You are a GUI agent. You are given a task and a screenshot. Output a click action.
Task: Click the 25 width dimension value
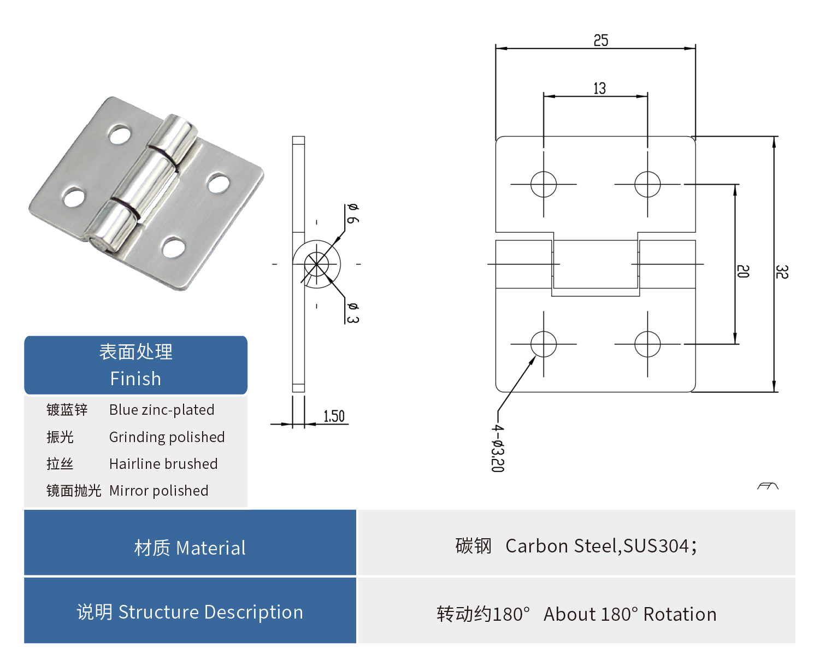coord(601,40)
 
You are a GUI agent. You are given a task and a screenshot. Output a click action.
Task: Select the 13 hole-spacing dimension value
coord(599,89)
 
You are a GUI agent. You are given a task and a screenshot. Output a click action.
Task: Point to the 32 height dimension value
coord(782,272)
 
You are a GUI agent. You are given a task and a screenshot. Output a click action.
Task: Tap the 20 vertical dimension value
coord(742,272)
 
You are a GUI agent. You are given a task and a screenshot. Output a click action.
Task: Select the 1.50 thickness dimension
coord(334,416)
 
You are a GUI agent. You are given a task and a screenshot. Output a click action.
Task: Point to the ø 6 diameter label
coord(352,213)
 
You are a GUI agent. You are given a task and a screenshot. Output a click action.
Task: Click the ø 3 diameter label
coord(352,313)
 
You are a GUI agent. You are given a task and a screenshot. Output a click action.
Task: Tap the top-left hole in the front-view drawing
coord(544,184)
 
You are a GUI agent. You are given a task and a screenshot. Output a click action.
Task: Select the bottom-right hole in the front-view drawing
coord(647,344)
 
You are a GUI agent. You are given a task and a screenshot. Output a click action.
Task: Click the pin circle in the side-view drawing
coord(317,264)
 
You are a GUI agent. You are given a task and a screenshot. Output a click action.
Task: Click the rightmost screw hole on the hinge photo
coord(219,184)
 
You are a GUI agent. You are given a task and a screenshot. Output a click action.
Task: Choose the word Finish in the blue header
coord(135,379)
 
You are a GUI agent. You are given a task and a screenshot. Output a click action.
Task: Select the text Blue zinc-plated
coord(162,410)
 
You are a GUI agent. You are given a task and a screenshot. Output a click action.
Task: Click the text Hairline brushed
coord(163,464)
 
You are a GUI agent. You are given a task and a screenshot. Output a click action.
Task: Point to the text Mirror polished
coord(158,491)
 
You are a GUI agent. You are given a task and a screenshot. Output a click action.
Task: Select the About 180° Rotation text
coord(630,614)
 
